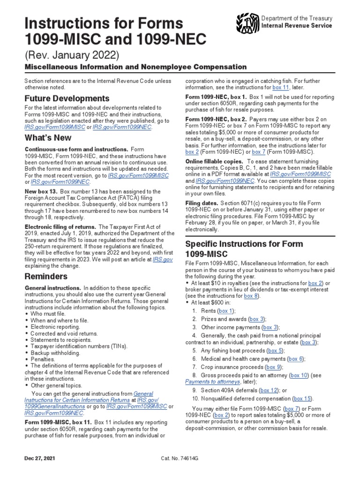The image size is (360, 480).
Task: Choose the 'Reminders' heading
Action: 46,276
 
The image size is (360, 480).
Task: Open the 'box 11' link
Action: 283,87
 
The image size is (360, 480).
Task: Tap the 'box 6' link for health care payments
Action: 295,359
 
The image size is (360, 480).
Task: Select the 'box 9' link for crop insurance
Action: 273,367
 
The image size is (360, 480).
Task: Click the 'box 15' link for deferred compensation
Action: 302,398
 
